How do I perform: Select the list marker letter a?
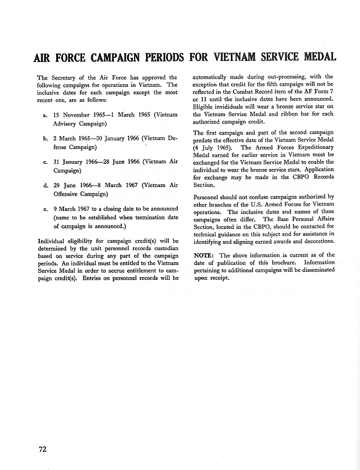point(45,115)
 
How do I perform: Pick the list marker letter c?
point(45,162)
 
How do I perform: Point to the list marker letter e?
point(45,209)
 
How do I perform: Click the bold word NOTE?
point(204,255)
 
